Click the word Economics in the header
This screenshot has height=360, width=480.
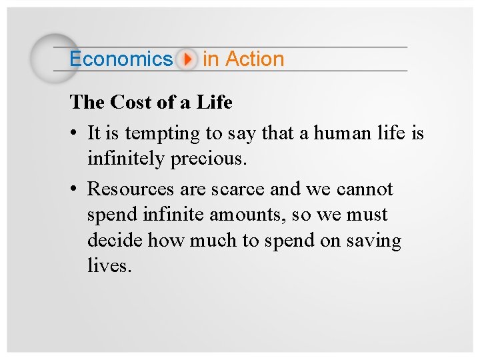[121, 59]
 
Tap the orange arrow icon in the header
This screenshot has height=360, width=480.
[188, 59]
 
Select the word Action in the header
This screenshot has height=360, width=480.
[254, 59]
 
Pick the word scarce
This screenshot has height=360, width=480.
[238, 189]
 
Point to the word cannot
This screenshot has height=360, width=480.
[365, 189]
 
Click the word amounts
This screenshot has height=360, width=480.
[242, 215]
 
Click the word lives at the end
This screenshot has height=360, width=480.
[109, 266]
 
